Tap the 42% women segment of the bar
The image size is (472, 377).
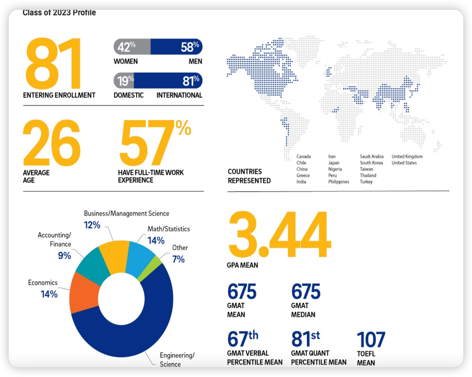point(132,47)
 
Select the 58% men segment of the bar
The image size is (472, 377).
point(177,47)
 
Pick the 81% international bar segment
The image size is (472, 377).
point(168,81)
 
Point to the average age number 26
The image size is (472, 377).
point(51,143)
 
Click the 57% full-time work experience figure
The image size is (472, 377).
point(154,143)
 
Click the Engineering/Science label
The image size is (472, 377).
point(177,360)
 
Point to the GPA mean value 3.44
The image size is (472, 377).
point(279,234)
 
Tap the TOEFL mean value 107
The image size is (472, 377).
point(371,340)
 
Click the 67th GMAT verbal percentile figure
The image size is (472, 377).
point(243,338)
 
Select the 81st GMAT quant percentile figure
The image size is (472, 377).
point(305,338)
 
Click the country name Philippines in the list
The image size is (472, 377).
point(339,182)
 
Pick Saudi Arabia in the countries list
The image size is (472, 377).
point(371,157)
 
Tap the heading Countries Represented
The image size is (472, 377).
point(249,176)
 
